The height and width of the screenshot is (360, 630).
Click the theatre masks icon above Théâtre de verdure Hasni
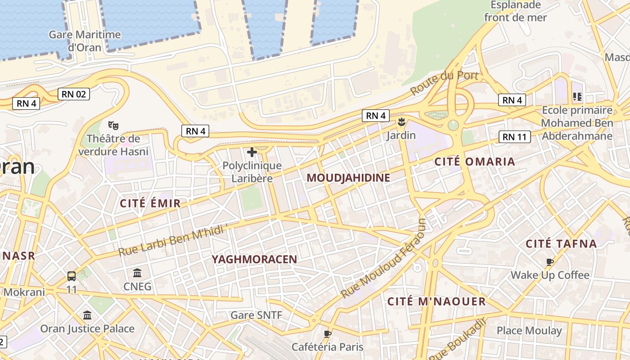point(113,126)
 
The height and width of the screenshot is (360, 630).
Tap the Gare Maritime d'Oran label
point(85,40)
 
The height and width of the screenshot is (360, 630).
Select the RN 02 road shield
point(74,94)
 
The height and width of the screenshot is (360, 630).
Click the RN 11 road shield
point(515,137)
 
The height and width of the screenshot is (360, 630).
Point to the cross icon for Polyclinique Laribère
point(252,152)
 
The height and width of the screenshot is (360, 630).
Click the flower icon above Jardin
point(401,121)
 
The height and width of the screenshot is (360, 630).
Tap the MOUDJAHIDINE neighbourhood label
point(348,178)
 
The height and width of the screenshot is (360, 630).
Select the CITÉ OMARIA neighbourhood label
point(474,162)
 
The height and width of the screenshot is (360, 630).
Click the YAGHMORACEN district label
point(254,259)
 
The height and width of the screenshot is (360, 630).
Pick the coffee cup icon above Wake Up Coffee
point(549,262)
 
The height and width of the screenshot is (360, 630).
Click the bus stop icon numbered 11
point(72,276)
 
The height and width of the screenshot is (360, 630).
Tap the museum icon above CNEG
point(137,273)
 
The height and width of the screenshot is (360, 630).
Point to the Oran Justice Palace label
point(87,328)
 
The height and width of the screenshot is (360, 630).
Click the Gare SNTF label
point(256,315)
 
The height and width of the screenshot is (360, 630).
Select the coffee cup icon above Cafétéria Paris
point(328,334)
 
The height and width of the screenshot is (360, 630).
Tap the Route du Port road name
point(444,82)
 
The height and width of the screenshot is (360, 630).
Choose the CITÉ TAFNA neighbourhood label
point(561,244)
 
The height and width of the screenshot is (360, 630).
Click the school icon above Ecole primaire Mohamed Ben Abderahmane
point(577,96)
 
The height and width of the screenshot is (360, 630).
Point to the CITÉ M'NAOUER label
point(436,301)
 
